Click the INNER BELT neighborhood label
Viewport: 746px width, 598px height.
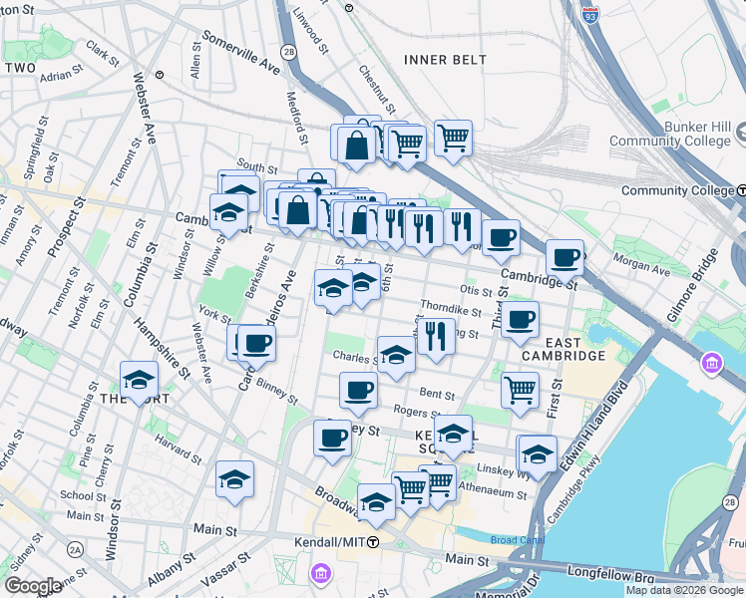pyautogui.click(x=445, y=60)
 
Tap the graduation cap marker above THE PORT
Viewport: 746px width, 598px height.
pyautogui.click(x=139, y=379)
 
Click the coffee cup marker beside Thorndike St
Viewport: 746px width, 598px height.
pyautogui.click(x=520, y=320)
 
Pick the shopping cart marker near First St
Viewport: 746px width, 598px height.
pyautogui.click(x=519, y=390)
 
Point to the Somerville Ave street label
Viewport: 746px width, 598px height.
pyautogui.click(x=239, y=53)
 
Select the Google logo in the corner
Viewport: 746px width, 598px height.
pyautogui.click(x=33, y=586)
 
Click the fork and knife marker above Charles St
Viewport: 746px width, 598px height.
pyautogui.click(x=436, y=336)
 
